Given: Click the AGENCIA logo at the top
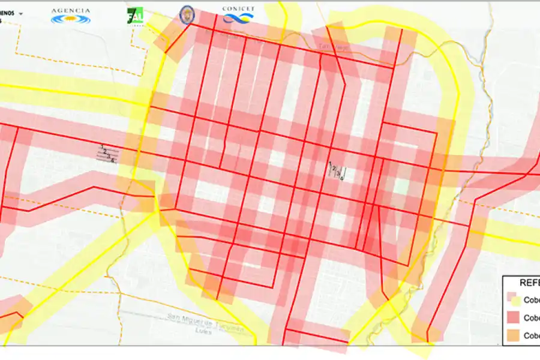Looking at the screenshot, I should tap(71, 15).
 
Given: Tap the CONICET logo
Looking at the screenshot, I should tap(238, 15).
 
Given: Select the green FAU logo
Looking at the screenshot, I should tap(135, 16).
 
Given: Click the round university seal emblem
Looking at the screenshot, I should tap(187, 15).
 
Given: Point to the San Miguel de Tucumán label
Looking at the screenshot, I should tap(205, 317).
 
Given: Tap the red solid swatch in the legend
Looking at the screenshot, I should tap(513, 317).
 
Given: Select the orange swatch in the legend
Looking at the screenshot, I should tap(513, 335).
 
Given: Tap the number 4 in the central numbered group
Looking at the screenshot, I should tap(342, 177).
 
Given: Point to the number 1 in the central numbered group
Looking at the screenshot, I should tap(330, 166).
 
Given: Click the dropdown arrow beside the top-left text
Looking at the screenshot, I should tap(21, 13).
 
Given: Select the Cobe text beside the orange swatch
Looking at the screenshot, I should tap(532, 335).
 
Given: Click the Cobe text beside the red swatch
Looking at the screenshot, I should tap(532, 317).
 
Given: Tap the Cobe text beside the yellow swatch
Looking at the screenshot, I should tap(532, 299).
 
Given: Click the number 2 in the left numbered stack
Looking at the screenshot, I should tap(105, 151).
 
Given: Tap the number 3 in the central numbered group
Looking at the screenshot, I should tap(338, 173).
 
